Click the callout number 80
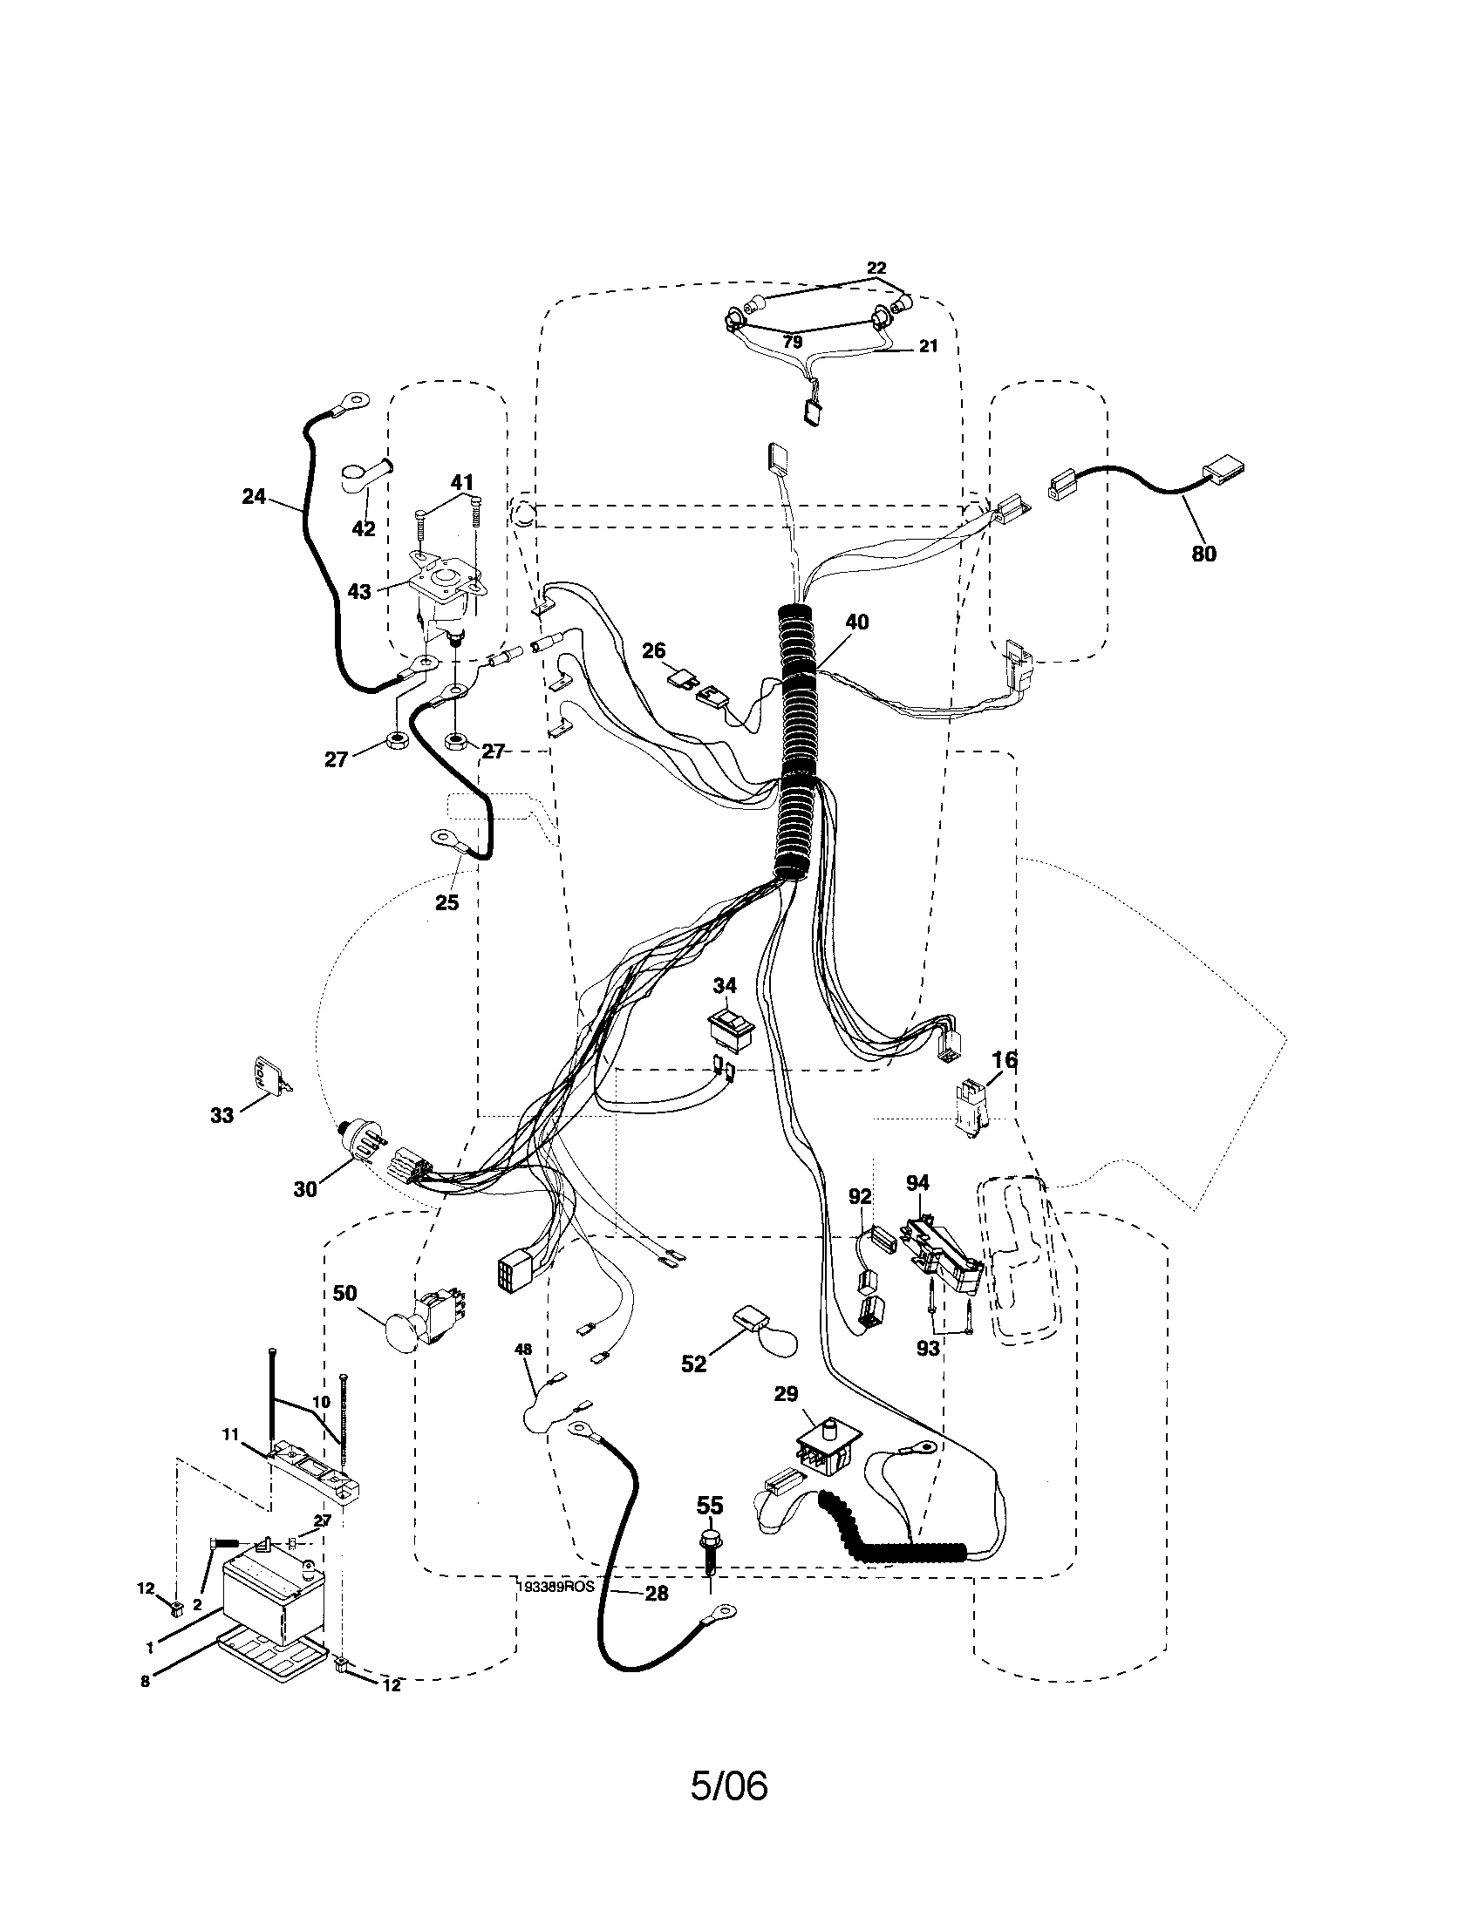click(x=1203, y=554)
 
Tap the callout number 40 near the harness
click(x=856, y=622)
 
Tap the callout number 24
click(x=254, y=497)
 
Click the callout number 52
click(x=694, y=1364)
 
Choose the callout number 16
click(x=1005, y=1060)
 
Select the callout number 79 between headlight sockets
click(x=792, y=342)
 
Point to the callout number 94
click(x=917, y=1184)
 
